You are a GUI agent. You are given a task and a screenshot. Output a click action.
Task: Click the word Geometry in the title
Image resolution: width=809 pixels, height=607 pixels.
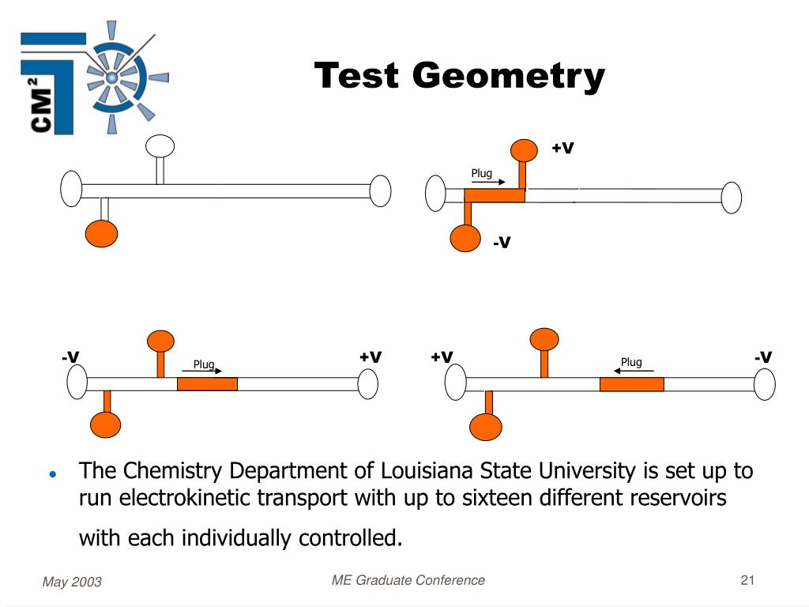[x=508, y=77]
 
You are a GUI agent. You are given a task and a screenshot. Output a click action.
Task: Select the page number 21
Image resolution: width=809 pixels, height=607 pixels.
[x=748, y=581]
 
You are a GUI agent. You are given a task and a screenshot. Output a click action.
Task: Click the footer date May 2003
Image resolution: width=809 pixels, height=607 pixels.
[x=72, y=582]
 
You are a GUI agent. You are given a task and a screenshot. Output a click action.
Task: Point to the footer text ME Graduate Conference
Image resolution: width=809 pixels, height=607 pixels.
[x=408, y=581]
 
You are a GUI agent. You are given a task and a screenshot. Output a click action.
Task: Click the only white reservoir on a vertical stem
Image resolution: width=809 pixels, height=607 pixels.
[x=160, y=146]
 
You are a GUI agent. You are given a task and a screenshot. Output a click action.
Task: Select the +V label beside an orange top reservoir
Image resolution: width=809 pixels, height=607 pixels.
[x=562, y=148]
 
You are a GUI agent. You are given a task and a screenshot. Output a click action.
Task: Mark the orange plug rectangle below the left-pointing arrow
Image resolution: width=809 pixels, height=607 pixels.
[x=631, y=384]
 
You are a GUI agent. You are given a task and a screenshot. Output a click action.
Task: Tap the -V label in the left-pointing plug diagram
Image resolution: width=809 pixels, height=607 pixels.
[x=762, y=357]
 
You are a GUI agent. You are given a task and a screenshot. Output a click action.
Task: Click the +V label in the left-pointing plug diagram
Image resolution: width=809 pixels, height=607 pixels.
[x=442, y=357]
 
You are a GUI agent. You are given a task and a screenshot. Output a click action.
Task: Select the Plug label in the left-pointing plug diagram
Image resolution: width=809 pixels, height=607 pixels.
[x=631, y=363]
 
